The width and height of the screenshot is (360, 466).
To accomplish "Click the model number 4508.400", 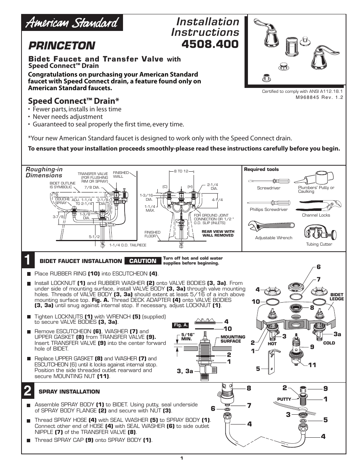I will [x=210, y=44].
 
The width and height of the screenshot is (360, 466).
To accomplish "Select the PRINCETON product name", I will [x=62, y=46].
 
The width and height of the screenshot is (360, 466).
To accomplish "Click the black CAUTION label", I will [x=143, y=261].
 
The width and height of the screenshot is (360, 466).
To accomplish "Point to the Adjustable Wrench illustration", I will [x=271, y=227].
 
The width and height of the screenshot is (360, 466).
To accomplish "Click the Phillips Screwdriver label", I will [x=268, y=209].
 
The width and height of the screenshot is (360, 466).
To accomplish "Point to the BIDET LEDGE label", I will [x=337, y=297].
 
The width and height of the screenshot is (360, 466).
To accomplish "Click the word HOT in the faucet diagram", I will [x=272, y=344].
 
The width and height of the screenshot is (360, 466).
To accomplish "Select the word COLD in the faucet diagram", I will [x=329, y=343].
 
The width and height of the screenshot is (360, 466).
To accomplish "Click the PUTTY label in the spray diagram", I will [x=284, y=399].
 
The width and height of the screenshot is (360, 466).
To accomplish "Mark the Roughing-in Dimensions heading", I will [x=44, y=172].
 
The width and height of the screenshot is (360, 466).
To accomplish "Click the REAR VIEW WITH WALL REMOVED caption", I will [x=218, y=233].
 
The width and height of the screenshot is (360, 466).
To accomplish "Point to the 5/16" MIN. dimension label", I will [x=187, y=337].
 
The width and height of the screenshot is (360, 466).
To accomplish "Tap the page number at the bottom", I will [x=182, y=458].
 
